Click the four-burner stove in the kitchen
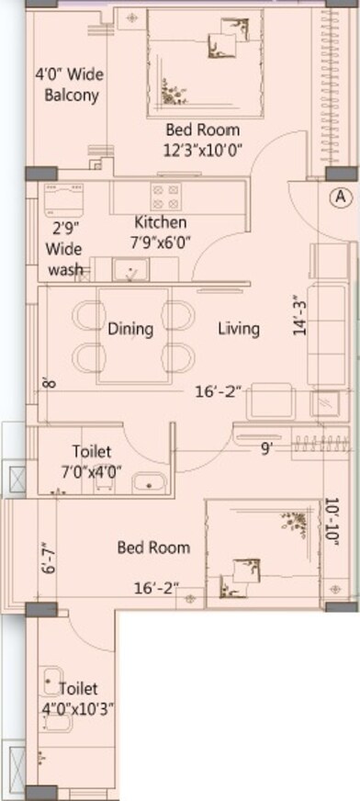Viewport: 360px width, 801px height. pyautogui.click(x=165, y=197)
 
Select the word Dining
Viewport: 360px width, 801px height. pyautogui.click(x=129, y=328)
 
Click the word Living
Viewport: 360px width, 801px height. pyautogui.click(x=238, y=328)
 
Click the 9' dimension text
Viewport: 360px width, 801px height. pyautogui.click(x=266, y=449)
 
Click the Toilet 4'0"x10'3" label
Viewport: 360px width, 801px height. pyautogui.click(x=77, y=697)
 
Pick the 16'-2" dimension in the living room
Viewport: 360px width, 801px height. pyautogui.click(x=218, y=391)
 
